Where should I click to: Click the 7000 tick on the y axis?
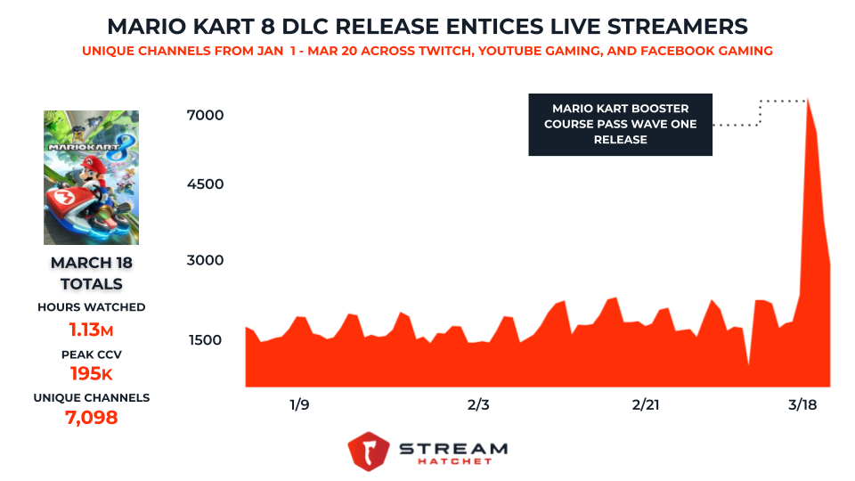(x=205, y=115)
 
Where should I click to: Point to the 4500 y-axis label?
(x=205, y=184)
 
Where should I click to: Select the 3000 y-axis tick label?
(x=205, y=261)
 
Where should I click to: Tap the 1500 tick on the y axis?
(x=205, y=339)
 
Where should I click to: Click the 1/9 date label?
(x=299, y=404)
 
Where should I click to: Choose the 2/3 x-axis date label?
(x=478, y=404)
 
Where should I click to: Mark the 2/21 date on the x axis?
(x=645, y=404)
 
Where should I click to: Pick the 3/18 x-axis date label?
(x=805, y=404)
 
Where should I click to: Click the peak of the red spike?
(x=807, y=102)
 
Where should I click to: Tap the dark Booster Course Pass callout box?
(x=620, y=125)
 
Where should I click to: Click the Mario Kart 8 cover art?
(x=91, y=177)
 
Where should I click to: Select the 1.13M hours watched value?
(x=91, y=330)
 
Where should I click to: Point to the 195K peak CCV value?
(x=91, y=374)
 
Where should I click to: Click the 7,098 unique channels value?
(x=91, y=417)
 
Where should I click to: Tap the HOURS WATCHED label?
(x=91, y=307)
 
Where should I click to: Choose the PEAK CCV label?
(x=91, y=354)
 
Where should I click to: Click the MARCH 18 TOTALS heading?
(x=91, y=273)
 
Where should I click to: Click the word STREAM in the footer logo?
(x=452, y=447)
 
